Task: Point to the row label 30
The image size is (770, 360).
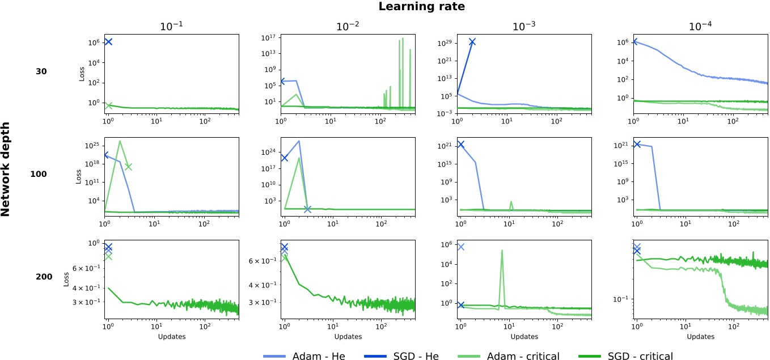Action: (x=41, y=71)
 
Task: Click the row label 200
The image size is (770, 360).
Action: (x=41, y=277)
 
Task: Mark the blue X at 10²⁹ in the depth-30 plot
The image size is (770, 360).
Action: (x=472, y=42)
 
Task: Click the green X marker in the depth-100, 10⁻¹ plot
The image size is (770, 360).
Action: (x=128, y=166)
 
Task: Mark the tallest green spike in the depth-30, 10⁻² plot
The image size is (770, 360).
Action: (x=403, y=39)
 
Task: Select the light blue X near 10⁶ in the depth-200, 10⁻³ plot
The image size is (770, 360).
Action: (x=461, y=247)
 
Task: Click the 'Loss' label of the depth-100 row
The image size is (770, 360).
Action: (x=79, y=174)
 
